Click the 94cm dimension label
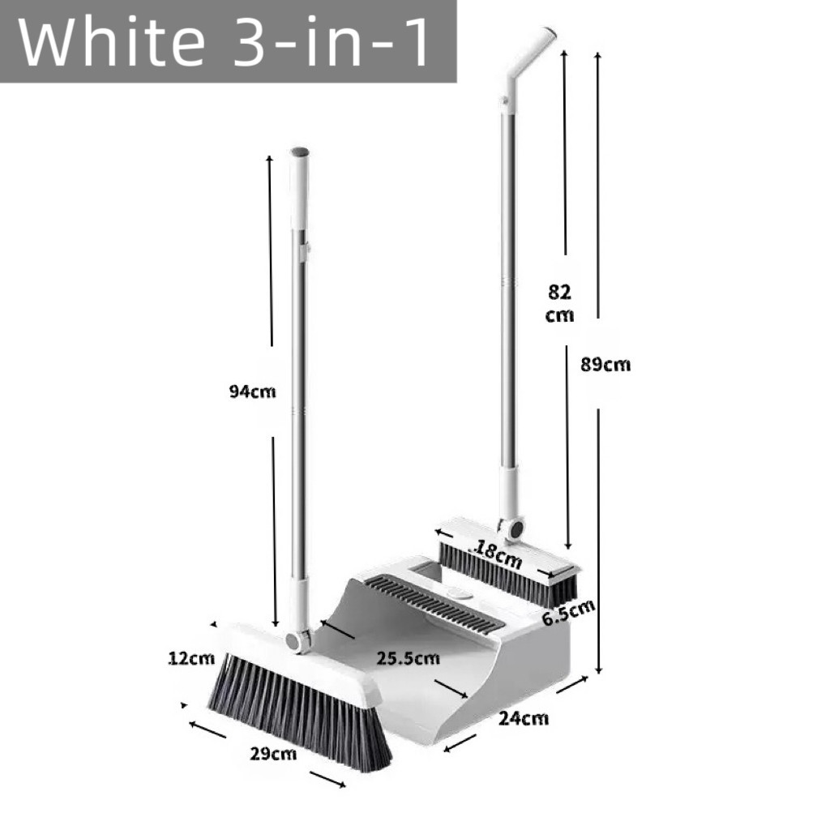pyautogui.click(x=253, y=391)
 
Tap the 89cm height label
pyautogui.click(x=605, y=365)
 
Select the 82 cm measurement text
pyautogui.click(x=559, y=303)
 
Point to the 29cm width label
pyautogui.click(x=273, y=753)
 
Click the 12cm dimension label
pyautogui.click(x=191, y=658)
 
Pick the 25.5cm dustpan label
pyautogui.click(x=409, y=658)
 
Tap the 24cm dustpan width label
pyautogui.click(x=524, y=718)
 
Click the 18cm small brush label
pyautogui.click(x=498, y=553)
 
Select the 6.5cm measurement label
pyautogui.click(x=568, y=613)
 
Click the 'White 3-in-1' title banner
pyautogui.click(x=228, y=41)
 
